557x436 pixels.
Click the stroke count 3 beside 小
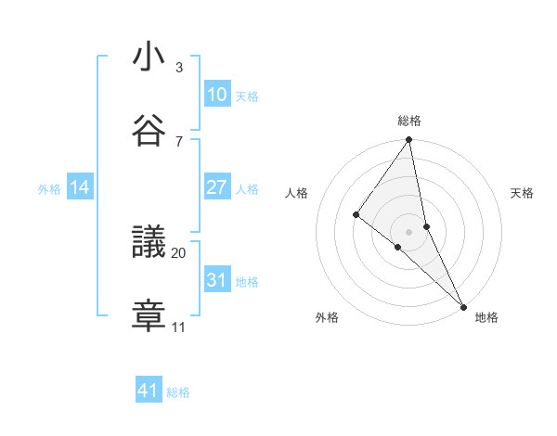(x=179, y=68)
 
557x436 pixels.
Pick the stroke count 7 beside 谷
(x=179, y=141)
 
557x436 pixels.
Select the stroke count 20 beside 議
(x=179, y=252)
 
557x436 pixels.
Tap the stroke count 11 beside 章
(x=179, y=327)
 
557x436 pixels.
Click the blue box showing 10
(x=217, y=95)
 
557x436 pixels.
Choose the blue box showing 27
(x=217, y=187)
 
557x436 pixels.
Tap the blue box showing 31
(x=217, y=279)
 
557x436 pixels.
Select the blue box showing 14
(x=80, y=187)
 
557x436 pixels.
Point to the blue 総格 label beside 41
(x=178, y=392)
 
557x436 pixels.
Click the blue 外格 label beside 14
(x=49, y=189)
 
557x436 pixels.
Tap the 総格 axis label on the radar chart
(x=409, y=121)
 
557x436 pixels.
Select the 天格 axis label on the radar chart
(x=523, y=193)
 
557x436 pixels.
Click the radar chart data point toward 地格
(x=463, y=305)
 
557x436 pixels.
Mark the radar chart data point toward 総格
(x=409, y=140)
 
